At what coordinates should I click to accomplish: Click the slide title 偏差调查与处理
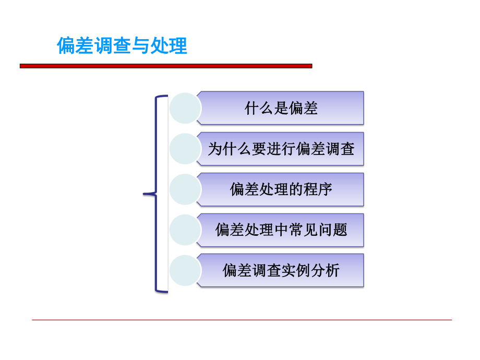tap(122, 46)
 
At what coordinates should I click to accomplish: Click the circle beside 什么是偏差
tap(185, 108)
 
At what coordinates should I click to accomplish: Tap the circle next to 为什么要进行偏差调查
tap(185, 149)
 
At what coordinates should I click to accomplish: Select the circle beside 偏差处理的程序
tap(185, 189)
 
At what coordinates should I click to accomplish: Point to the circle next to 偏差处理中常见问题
tap(185, 230)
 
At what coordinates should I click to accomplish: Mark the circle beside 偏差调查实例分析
tap(185, 270)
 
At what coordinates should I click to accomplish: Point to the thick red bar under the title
tap(166, 66)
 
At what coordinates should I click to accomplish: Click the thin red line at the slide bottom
tap(242, 320)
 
